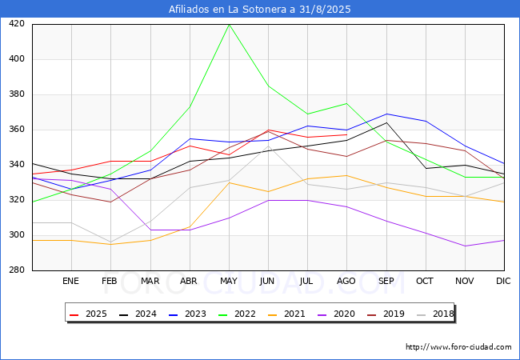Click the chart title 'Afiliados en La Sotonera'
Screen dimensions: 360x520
pyautogui.click(x=259, y=10)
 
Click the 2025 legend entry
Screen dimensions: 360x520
pyautogui.click(x=90, y=314)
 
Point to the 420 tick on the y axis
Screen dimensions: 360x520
pyautogui.click(x=17, y=24)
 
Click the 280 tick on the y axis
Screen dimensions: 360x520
pyautogui.click(x=17, y=270)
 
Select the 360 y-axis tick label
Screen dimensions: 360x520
pyautogui.click(x=17, y=130)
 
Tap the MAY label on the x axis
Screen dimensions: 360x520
pyautogui.click(x=229, y=282)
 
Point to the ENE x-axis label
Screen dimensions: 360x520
pyautogui.click(x=71, y=282)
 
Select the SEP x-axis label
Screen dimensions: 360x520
pyautogui.click(x=386, y=282)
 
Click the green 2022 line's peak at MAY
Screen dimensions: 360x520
pyautogui.click(x=229, y=24)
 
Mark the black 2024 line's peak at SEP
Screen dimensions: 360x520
pyautogui.click(x=386, y=122)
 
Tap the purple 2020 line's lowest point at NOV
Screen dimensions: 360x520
pyautogui.click(x=465, y=246)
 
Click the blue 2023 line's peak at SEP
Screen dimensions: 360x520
pyautogui.click(x=386, y=114)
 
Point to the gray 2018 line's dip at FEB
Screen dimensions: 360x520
pyautogui.click(x=110, y=242)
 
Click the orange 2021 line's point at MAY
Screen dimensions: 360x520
pyautogui.click(x=229, y=182)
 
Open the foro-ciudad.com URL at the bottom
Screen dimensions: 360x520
pyautogui.click(x=458, y=347)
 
